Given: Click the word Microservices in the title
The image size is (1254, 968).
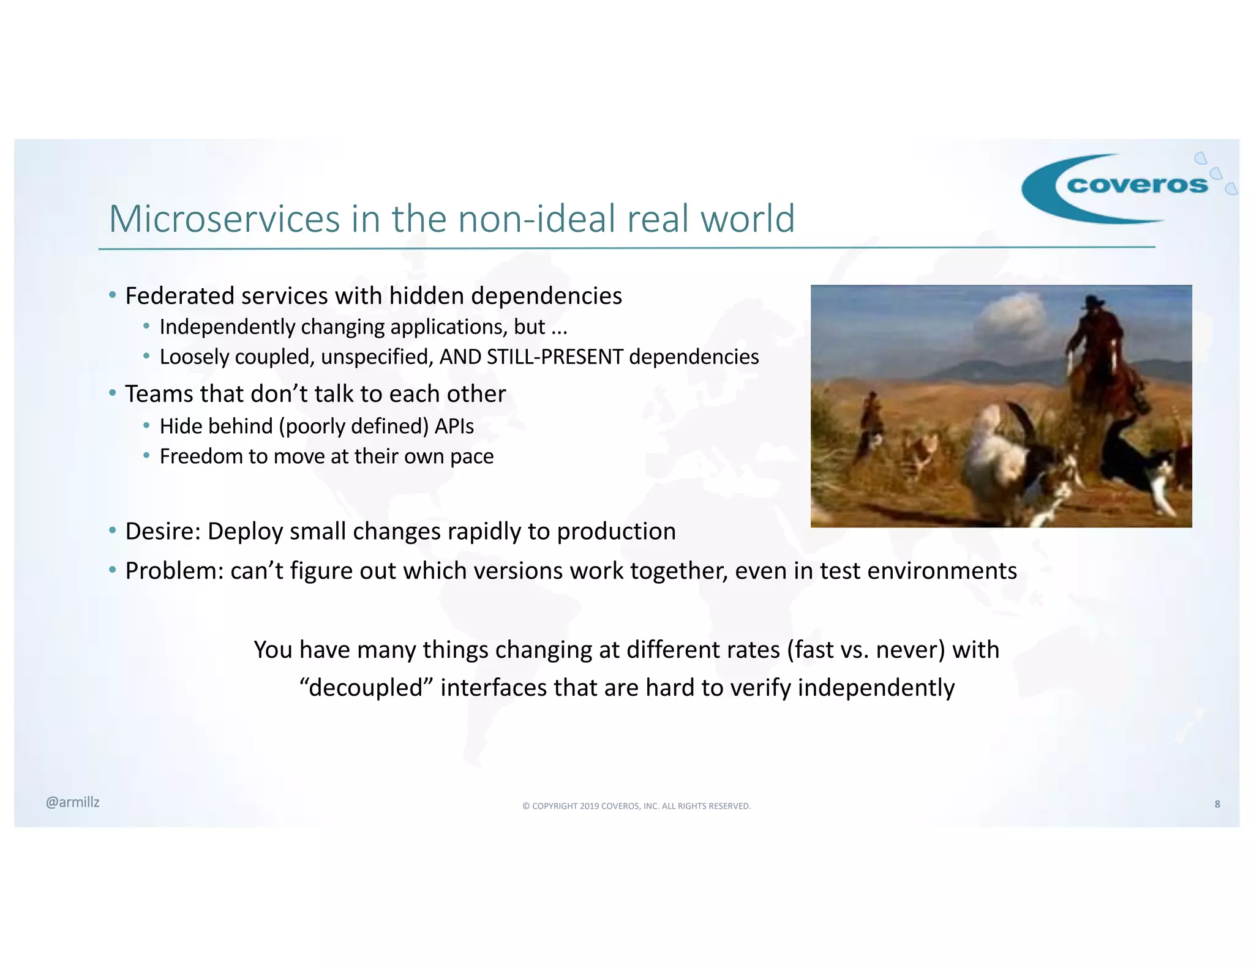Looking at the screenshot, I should point(224,219).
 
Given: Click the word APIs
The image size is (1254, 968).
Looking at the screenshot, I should point(454,426).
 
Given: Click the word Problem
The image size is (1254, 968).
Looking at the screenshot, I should point(174,571).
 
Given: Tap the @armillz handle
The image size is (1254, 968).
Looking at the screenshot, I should point(72,802).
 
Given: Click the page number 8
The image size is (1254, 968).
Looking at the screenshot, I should point(1217,804).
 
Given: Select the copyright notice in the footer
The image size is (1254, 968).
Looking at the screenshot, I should point(636,806).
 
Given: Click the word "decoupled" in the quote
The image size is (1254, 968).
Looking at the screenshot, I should point(366,688).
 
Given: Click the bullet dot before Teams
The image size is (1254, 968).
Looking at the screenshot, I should point(113,393).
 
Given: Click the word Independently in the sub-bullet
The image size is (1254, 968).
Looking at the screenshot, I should point(227,327).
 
